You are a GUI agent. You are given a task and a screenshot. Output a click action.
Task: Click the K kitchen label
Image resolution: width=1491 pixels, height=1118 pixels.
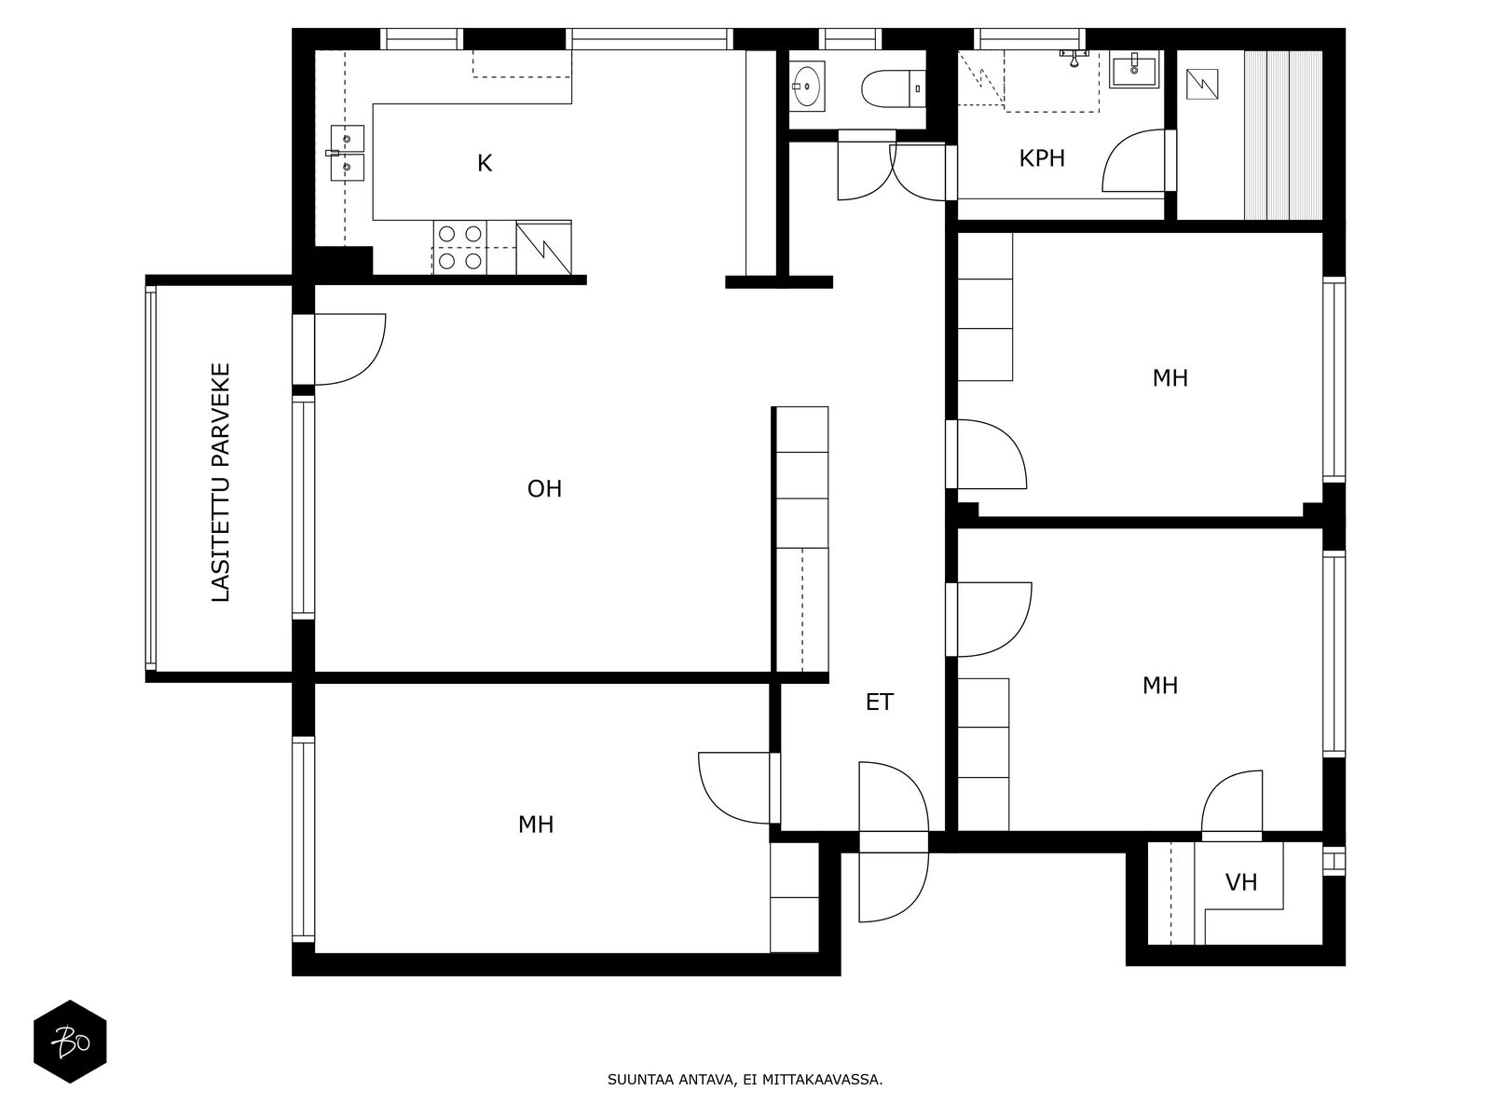(484, 163)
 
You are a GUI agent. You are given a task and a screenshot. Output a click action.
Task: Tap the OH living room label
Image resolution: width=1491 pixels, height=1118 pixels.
(544, 489)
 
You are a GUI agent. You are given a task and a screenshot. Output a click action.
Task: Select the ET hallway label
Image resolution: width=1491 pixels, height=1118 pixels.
(879, 702)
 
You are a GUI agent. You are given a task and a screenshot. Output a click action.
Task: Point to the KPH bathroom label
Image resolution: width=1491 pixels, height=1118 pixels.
(1041, 158)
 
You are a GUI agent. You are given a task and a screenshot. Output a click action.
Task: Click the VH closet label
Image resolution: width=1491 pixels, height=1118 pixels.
(1241, 882)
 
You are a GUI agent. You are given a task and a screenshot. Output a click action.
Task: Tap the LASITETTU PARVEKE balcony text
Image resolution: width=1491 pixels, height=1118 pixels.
(221, 482)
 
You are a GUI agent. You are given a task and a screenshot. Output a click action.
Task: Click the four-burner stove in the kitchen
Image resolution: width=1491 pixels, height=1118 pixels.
(459, 248)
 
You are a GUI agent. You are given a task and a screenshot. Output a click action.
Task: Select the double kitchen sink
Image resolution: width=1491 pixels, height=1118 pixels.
(347, 153)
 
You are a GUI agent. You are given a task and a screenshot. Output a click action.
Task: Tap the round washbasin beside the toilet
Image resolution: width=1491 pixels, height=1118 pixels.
(806, 87)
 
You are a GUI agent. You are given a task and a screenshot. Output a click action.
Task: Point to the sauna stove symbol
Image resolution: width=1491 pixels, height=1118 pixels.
(1201, 85)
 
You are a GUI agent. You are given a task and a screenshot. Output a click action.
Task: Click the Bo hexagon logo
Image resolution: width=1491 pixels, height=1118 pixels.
(70, 1042)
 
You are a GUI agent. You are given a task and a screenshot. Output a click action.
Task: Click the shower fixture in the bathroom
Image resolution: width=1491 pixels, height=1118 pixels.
(1074, 57)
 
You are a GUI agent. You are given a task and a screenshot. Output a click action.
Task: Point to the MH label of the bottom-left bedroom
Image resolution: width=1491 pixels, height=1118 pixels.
(535, 825)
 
